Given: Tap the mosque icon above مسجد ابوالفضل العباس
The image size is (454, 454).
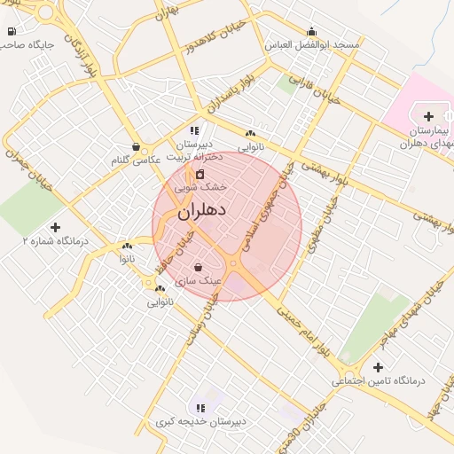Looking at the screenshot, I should click(x=310, y=31).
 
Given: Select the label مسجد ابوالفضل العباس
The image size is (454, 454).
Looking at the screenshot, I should click(x=310, y=44).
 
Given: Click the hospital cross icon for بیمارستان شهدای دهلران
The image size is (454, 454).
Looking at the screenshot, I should click(x=429, y=116).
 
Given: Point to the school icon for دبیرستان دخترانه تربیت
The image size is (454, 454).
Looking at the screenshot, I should click(x=194, y=130).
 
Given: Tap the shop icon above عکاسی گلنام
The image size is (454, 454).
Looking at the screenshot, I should click(x=135, y=146).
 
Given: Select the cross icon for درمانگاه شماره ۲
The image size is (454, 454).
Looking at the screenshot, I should click(x=56, y=228).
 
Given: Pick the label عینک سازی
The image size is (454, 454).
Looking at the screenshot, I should click(x=198, y=279).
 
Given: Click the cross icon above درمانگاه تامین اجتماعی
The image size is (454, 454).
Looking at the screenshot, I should click(x=379, y=367).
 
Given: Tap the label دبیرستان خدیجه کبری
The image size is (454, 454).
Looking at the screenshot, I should click(x=200, y=421).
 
